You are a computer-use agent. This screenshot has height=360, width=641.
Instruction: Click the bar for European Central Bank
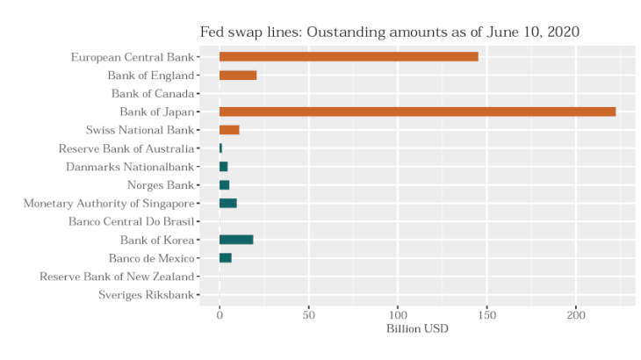click(349, 57)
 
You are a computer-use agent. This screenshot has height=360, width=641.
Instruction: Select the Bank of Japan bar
click(417, 112)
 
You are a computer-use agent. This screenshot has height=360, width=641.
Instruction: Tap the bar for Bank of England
click(238, 76)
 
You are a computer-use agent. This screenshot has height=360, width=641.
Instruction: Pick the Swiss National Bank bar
click(229, 130)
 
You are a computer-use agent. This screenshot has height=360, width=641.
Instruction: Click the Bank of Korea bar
click(236, 240)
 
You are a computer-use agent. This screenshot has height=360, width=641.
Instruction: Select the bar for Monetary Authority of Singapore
click(228, 203)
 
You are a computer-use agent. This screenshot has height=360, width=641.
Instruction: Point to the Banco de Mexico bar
click(226, 258)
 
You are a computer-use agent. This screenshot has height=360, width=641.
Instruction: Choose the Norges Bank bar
click(225, 185)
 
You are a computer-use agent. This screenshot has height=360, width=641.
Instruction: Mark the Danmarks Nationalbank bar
click(224, 167)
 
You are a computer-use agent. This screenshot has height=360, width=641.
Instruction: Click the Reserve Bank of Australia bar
click(221, 148)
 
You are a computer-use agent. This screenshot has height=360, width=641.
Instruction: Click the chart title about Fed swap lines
click(389, 32)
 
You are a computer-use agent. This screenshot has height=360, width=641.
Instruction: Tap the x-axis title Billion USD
click(418, 329)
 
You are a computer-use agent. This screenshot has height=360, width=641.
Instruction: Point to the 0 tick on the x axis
click(220, 314)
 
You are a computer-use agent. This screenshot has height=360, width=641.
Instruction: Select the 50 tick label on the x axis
click(308, 314)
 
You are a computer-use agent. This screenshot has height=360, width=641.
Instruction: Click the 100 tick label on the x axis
click(398, 314)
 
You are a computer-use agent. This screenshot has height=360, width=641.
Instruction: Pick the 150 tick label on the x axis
click(486, 314)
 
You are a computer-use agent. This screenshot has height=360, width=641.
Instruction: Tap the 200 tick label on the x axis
click(576, 314)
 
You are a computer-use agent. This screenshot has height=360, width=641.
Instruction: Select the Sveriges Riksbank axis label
click(146, 295)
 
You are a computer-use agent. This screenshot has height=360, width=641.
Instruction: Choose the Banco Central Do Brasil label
click(131, 221)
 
